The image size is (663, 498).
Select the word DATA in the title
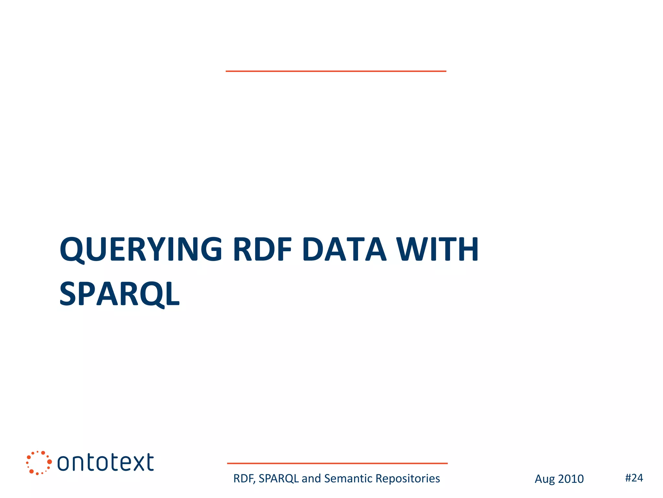(344, 249)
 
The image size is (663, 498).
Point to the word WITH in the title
(438, 249)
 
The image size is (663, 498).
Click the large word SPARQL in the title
(119, 294)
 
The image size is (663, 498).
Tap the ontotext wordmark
(106, 462)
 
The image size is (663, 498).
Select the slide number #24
(634, 478)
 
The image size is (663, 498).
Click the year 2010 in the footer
(571, 479)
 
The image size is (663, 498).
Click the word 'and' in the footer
(311, 479)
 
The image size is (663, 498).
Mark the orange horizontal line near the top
(336, 71)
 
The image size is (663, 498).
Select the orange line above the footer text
(337, 463)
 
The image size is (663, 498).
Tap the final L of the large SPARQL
(172, 294)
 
